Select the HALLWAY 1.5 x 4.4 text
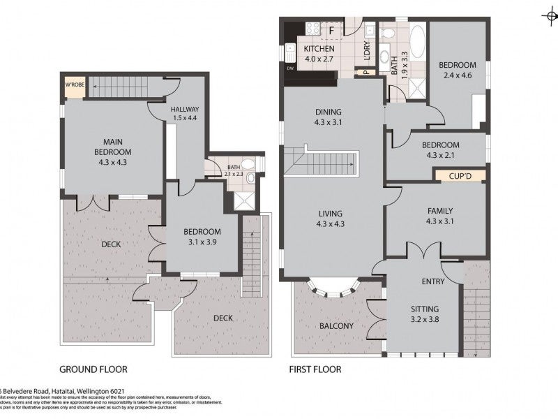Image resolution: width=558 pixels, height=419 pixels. [185, 113]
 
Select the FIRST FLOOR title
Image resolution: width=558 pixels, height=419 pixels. [315, 369]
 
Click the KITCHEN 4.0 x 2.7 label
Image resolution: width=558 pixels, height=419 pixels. [319, 54]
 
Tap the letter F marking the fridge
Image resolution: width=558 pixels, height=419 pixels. [332, 30]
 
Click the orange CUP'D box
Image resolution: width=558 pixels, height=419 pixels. [461, 175]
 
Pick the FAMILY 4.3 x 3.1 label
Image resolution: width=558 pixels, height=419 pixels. [440, 216]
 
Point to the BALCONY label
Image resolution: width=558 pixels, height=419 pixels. [336, 326]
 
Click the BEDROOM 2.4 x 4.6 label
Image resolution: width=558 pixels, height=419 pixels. [457, 70]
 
